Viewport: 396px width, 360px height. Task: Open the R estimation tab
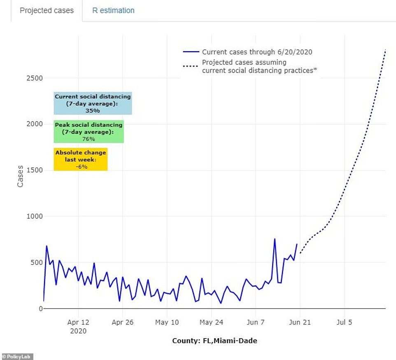click(113, 10)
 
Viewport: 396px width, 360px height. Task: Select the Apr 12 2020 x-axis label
click(78, 326)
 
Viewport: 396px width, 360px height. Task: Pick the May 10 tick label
click(167, 322)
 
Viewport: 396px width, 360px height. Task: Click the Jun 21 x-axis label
click(300, 322)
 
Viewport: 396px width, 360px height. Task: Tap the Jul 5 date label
click(344, 322)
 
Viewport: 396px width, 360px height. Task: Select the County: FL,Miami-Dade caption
click(214, 341)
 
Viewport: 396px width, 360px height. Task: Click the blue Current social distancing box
click(93, 103)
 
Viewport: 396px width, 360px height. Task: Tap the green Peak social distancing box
click(89, 131)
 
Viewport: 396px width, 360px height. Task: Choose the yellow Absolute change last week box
click(81, 159)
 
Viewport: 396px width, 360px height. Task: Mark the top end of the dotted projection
click(385, 50)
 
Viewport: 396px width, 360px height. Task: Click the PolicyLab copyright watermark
click(17, 356)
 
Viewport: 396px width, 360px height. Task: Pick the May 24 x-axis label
click(211, 322)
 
